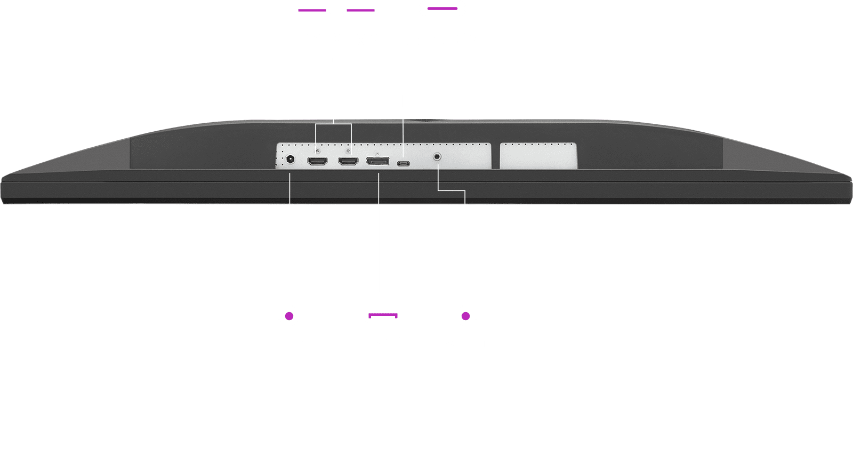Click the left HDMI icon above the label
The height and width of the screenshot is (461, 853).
pyautogui.click(x=312, y=9)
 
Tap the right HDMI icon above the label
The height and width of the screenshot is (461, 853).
pyautogui.click(x=360, y=9)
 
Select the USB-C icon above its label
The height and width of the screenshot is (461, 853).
pyautogui.click(x=442, y=9)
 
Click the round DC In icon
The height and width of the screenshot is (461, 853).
pyautogui.click(x=289, y=316)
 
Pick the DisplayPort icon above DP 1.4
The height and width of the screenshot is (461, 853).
pyautogui.click(x=383, y=316)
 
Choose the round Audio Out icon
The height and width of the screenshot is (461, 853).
pyautogui.click(x=465, y=316)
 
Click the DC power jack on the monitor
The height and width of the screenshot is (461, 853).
pyautogui.click(x=291, y=160)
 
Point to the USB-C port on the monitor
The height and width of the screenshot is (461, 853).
pyautogui.click(x=404, y=163)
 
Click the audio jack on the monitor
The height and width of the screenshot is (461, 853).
pyautogui.click(x=438, y=157)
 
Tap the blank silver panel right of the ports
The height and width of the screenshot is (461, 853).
pyautogui.click(x=538, y=155)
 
